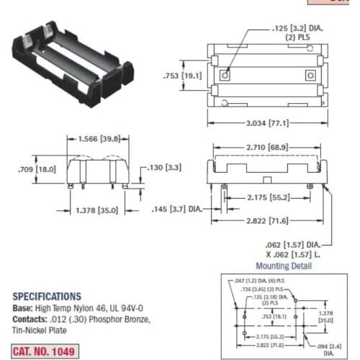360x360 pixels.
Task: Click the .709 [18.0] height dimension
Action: (35, 169)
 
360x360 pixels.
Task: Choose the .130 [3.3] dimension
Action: (165, 168)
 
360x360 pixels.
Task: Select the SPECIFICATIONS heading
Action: (46, 296)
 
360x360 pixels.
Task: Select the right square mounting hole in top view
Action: (311, 75)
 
